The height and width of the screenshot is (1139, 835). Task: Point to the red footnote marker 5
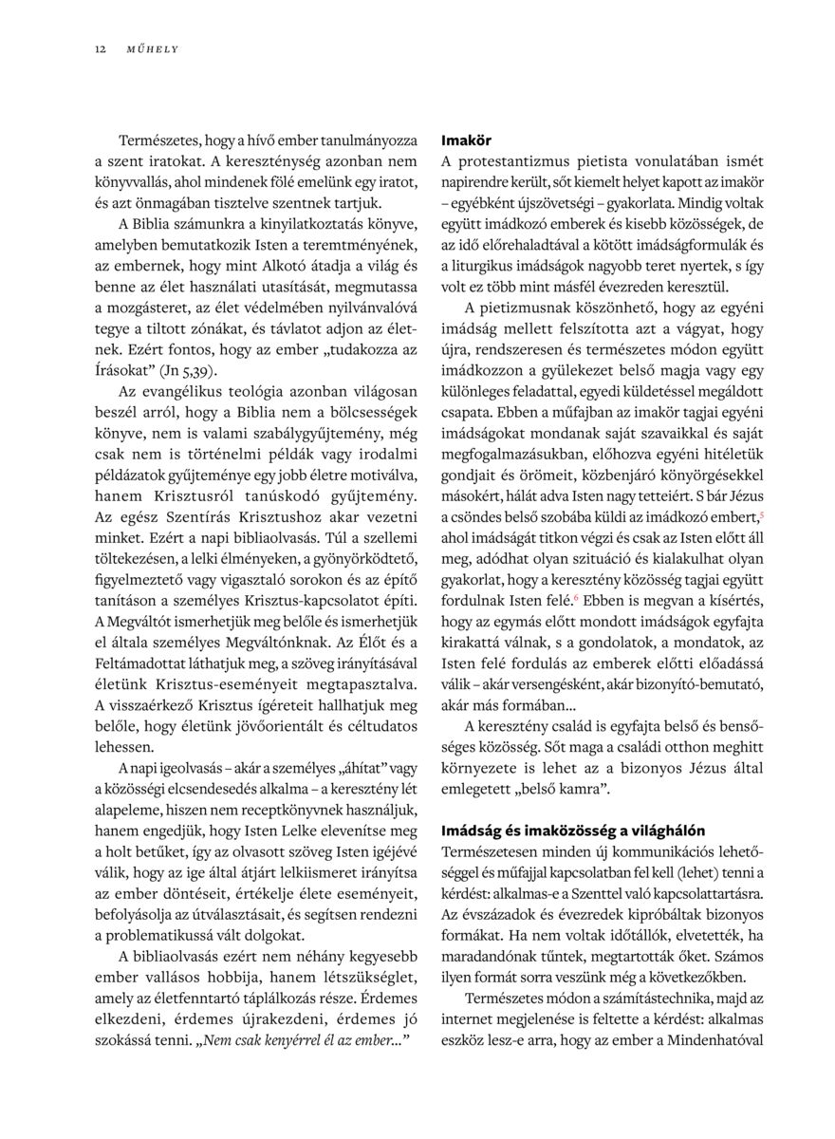tap(762, 514)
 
